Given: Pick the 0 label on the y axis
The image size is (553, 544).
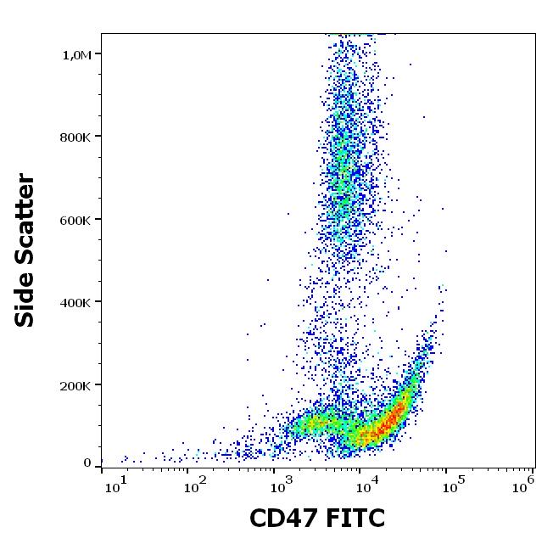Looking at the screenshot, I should pos(87,463).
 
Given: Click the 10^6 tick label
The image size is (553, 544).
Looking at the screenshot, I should pos(524,484).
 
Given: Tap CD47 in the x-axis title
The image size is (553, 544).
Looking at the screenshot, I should pos(283,518).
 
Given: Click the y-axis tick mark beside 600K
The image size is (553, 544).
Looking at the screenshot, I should pos(98,219).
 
